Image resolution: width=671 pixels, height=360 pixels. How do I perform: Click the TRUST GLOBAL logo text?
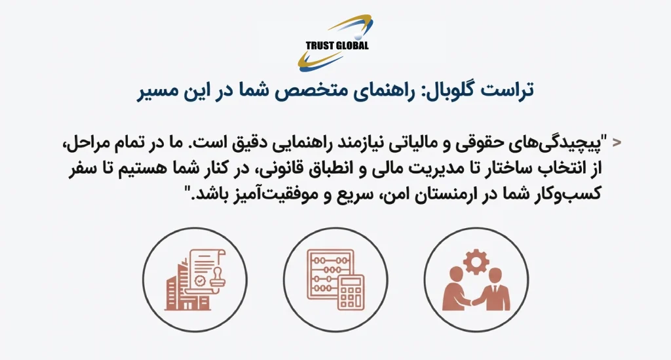tap(337, 45)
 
